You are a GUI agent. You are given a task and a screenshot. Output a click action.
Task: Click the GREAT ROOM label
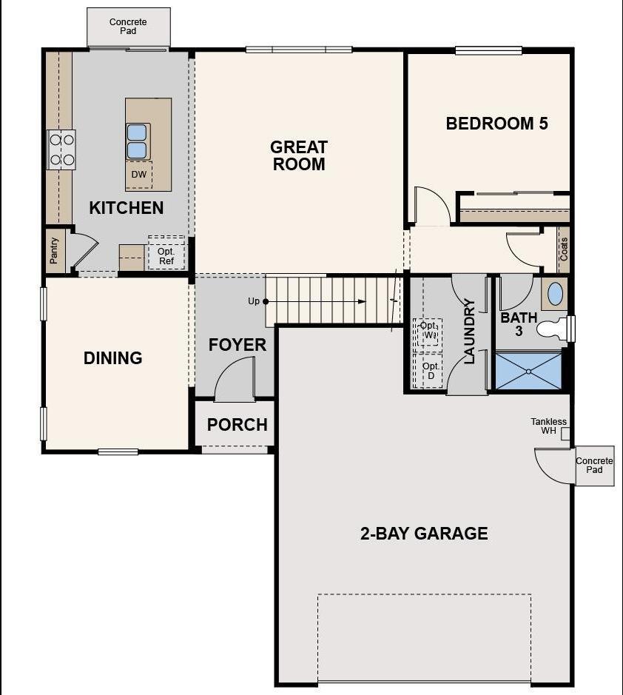tap(299, 155)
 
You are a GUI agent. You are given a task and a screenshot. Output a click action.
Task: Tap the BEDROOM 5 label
tap(496, 124)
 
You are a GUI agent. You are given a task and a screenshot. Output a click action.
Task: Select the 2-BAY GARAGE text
tap(424, 533)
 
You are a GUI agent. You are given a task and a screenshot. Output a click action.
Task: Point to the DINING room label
tap(112, 358)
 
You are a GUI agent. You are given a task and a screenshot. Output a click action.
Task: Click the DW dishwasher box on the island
tap(138, 175)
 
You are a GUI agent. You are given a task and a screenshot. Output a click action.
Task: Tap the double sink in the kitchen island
tap(138, 141)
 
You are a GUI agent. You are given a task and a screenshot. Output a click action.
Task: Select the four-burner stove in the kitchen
tap(61, 149)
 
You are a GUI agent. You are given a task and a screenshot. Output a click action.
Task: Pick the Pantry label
tap(54, 251)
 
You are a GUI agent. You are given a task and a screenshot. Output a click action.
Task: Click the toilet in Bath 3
tap(551, 329)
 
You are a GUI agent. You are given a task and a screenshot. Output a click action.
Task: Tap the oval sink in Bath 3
tap(555, 295)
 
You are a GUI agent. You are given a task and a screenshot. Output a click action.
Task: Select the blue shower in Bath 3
tap(528, 370)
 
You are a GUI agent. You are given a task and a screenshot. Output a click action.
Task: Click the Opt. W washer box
tap(428, 331)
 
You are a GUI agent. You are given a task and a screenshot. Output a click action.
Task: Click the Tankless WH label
tap(548, 426)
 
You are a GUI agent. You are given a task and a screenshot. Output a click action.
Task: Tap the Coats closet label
tap(564, 249)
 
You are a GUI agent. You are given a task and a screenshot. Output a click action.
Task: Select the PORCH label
tap(237, 425)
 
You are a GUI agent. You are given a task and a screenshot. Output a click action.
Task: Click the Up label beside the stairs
tap(254, 301)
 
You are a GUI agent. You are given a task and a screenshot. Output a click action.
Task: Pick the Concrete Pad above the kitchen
tap(128, 27)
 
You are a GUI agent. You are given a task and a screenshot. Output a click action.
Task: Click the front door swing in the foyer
tap(235, 380)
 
